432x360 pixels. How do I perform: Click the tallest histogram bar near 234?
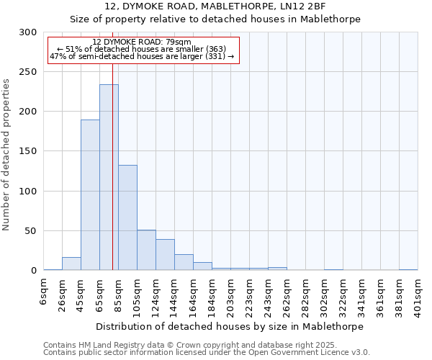(x=109, y=177)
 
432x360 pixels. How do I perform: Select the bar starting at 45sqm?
(x=90, y=194)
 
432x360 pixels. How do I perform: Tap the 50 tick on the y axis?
(x=31, y=231)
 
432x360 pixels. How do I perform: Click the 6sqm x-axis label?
(x=44, y=291)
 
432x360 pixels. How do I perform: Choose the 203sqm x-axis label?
(x=230, y=295)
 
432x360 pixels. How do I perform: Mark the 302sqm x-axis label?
(x=324, y=295)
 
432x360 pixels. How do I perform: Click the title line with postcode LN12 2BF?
(x=215, y=6)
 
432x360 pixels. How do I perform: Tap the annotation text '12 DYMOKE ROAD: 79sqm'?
(x=142, y=42)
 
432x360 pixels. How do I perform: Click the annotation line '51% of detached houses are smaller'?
(x=142, y=49)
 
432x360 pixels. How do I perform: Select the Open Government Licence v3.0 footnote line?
(x=206, y=353)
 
